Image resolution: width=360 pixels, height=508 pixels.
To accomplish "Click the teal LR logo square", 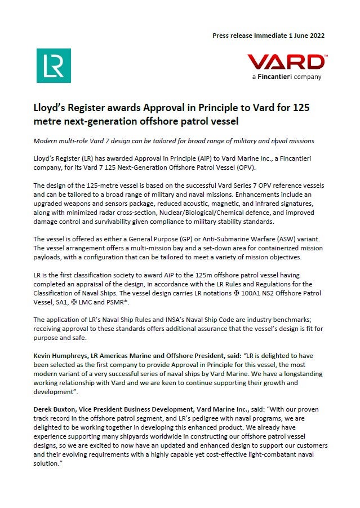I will click(x=54, y=65).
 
